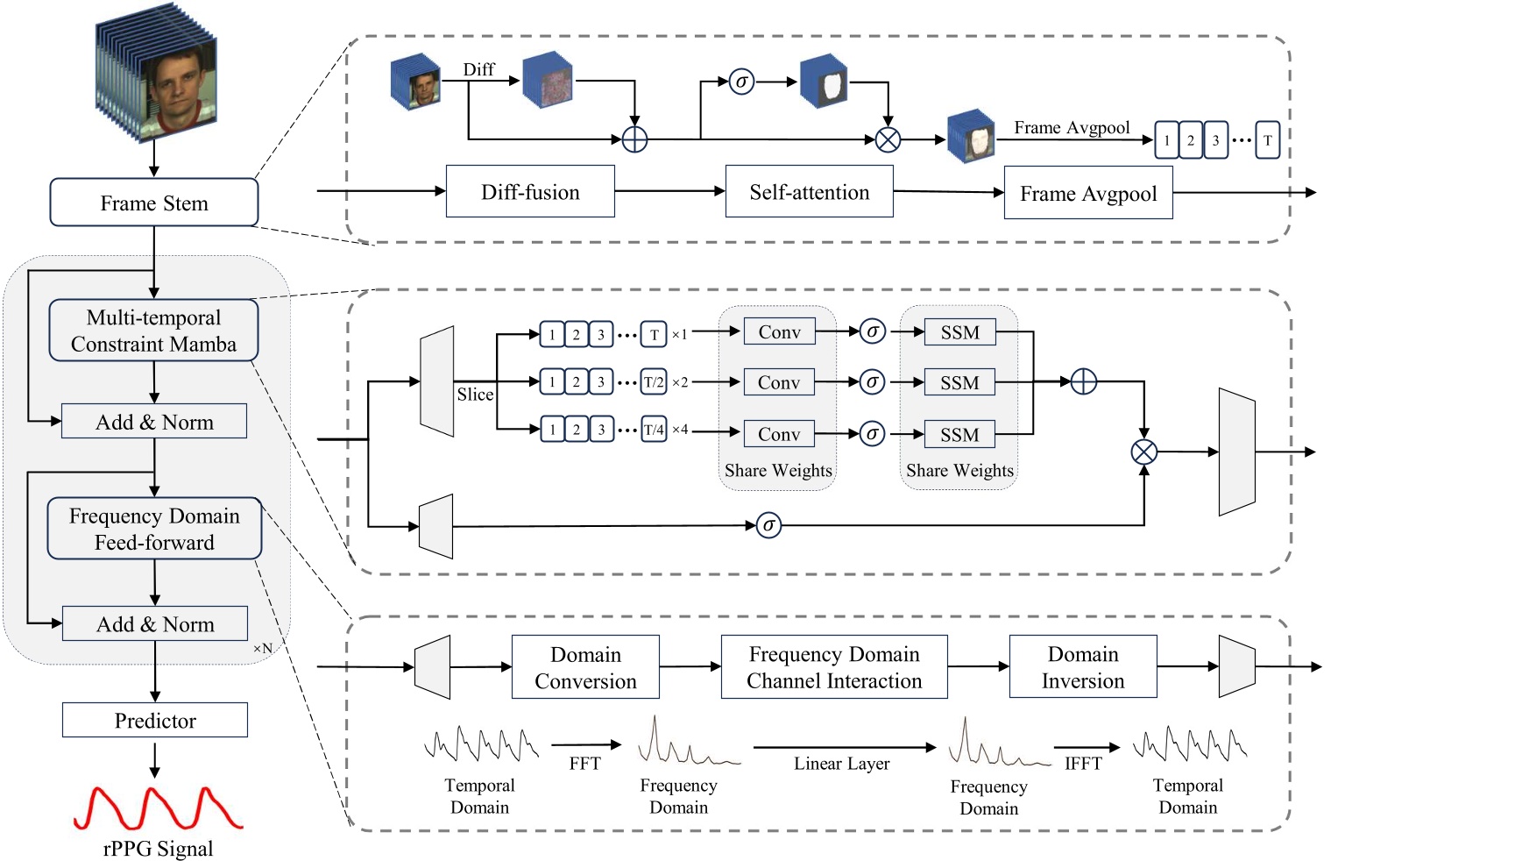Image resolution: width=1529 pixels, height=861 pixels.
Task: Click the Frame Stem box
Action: coord(154,203)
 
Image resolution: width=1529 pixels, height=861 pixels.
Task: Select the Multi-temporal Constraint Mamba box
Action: coord(154,331)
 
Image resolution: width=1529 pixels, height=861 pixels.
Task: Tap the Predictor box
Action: coord(155,720)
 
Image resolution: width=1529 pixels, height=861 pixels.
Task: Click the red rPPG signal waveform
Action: coord(158,808)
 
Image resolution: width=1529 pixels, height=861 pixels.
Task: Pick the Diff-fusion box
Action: coord(530,191)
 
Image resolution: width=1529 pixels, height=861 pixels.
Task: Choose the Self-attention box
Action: coord(809,191)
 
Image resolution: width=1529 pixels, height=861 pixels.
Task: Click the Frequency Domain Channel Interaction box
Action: coord(833,667)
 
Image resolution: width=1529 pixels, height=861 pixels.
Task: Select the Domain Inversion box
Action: coord(1082,667)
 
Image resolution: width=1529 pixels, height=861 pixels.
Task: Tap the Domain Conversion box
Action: coord(585,667)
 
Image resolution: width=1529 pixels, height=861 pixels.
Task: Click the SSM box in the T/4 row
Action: coord(959,434)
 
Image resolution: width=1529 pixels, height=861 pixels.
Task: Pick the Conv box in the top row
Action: coord(779,331)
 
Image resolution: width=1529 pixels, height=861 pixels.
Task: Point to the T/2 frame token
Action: coord(654,382)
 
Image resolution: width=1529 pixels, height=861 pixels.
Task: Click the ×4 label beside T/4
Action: coord(680,430)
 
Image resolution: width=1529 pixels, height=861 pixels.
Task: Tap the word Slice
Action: coord(475,395)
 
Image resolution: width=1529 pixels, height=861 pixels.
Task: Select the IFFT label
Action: coord(1083,764)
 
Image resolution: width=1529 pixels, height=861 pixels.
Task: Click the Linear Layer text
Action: coord(841,764)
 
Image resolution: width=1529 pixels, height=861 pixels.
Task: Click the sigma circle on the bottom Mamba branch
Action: coord(768,525)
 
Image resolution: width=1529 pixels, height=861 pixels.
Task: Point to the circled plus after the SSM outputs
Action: coord(1084,381)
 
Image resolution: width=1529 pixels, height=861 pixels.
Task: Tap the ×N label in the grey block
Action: coord(263,648)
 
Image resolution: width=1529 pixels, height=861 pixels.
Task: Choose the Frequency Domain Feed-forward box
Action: coord(154,529)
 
